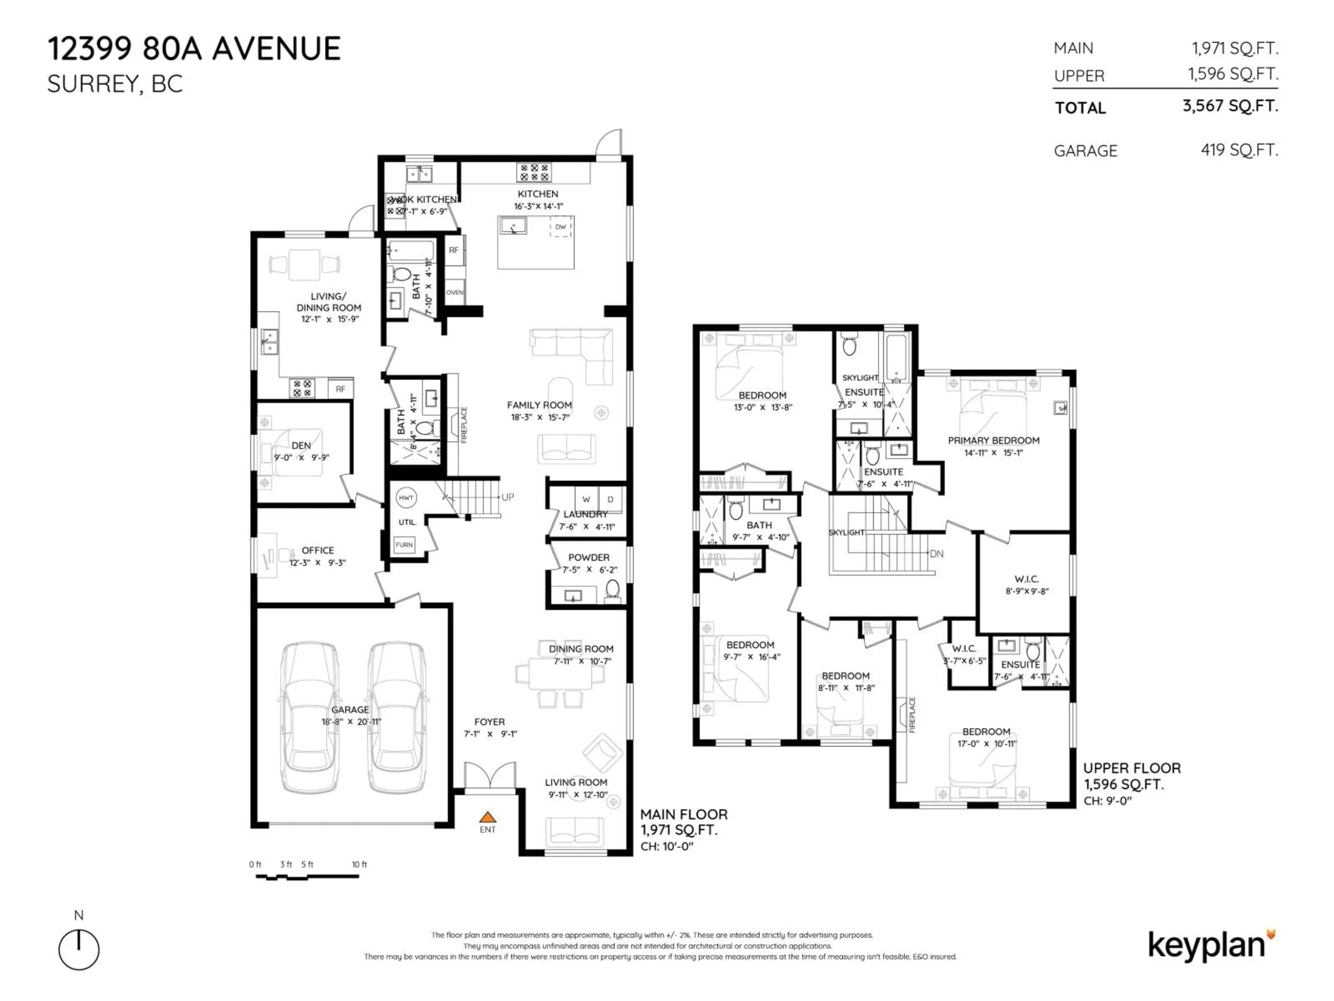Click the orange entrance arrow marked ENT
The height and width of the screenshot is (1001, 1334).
click(487, 818)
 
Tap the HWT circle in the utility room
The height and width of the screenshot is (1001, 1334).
click(406, 498)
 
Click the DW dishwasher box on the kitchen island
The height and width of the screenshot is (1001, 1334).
click(561, 227)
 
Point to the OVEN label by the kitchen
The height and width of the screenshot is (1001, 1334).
click(455, 293)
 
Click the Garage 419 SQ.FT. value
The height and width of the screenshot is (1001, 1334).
click(1239, 150)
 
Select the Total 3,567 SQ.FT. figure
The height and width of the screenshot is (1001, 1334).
click(1230, 106)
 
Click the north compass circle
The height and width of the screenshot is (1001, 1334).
click(79, 950)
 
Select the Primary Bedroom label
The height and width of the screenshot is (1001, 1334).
click(993, 440)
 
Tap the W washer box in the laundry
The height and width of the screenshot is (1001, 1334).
click(586, 499)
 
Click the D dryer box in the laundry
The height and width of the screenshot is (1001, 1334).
click(610, 499)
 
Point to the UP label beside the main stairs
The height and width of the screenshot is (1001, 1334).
click(508, 497)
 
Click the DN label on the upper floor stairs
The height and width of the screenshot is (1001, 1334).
click(937, 553)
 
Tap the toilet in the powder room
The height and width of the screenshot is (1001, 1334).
click(612, 589)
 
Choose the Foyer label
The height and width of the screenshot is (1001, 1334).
click(489, 722)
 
